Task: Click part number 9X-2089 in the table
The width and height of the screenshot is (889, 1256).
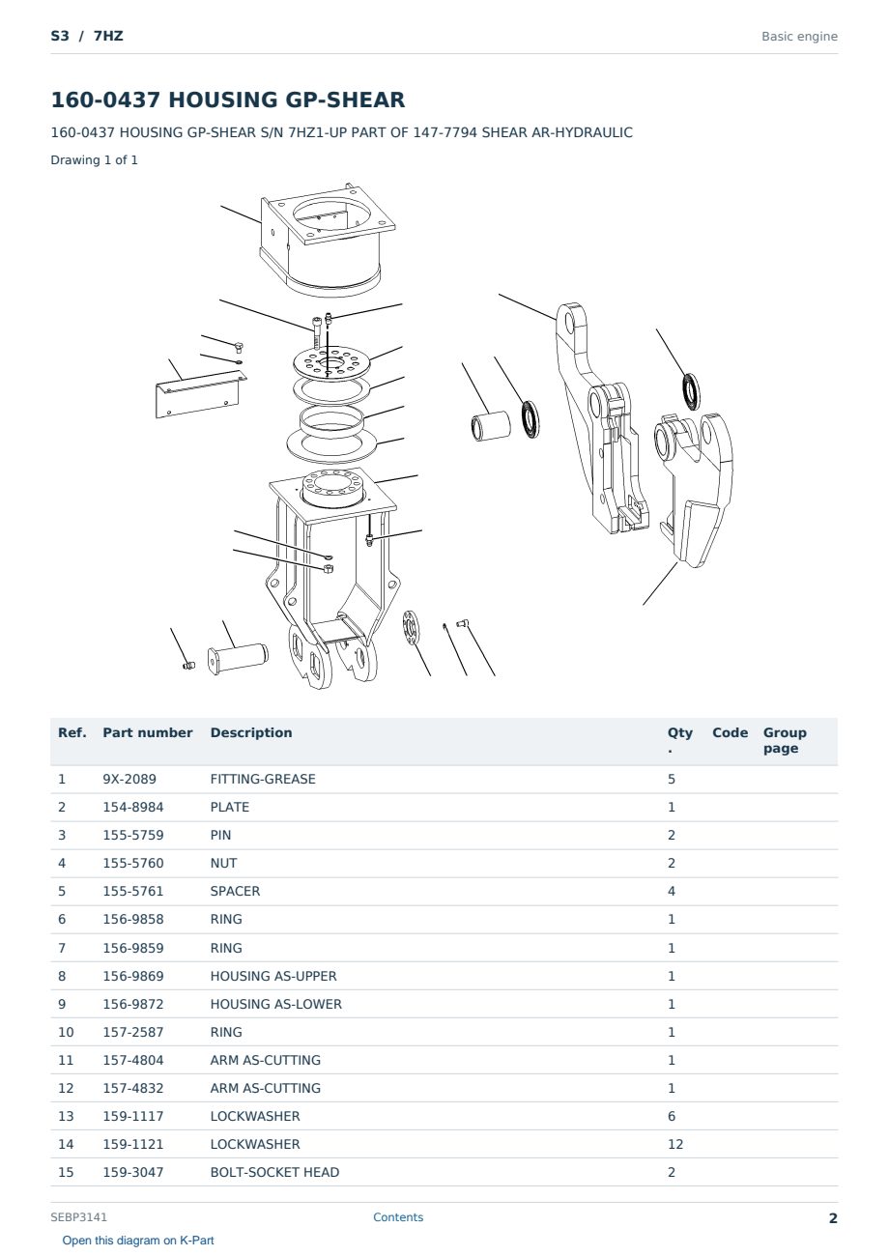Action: (x=129, y=779)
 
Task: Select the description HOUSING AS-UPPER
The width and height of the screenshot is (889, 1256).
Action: (x=273, y=976)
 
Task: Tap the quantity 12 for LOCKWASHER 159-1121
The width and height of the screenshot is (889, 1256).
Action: (x=675, y=1144)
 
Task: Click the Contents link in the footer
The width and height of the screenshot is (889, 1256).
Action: (x=398, y=1216)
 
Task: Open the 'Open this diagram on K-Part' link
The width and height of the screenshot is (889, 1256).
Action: (x=138, y=1240)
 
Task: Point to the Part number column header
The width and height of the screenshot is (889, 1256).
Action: (x=148, y=732)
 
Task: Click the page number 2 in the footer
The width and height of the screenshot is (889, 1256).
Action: (x=833, y=1218)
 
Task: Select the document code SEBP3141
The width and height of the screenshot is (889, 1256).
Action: (x=78, y=1216)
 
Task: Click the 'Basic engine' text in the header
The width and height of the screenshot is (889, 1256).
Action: (x=799, y=37)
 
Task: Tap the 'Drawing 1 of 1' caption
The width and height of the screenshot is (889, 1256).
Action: (x=95, y=159)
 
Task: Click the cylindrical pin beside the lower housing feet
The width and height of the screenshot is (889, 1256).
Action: (x=238, y=657)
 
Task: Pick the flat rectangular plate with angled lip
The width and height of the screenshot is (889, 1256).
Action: (x=200, y=394)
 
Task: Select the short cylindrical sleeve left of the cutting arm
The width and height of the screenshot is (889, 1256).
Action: (x=491, y=425)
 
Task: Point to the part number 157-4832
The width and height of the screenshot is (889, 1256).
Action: (x=133, y=1088)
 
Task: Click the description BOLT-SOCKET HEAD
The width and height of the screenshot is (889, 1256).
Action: (x=274, y=1172)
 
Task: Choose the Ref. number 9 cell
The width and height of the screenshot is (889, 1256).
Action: (x=62, y=1004)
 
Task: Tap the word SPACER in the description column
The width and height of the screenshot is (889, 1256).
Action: (x=235, y=891)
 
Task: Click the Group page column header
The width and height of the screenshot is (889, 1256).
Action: (x=785, y=740)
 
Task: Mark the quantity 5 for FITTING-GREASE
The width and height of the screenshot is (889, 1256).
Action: (x=672, y=779)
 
